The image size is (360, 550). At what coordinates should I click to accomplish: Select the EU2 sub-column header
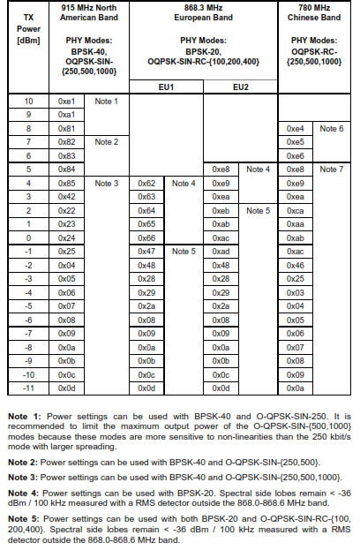[x=240, y=87]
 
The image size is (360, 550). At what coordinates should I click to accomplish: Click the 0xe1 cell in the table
[x=66, y=102]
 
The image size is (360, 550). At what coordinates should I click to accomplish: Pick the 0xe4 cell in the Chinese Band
[x=296, y=128]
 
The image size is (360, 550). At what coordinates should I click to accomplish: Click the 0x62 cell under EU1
[x=147, y=183]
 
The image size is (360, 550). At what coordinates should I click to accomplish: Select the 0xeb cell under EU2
[x=221, y=210]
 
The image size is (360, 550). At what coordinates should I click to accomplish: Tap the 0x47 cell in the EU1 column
[x=147, y=252]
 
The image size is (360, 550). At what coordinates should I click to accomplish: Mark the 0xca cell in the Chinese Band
[x=296, y=210]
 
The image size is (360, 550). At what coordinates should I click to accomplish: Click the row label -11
[x=28, y=388]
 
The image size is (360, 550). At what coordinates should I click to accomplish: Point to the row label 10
[x=28, y=102]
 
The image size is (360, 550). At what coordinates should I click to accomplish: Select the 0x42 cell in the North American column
[x=66, y=196]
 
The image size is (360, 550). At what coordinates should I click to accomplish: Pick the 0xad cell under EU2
[x=221, y=252]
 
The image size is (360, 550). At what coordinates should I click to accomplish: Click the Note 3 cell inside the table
[x=106, y=183]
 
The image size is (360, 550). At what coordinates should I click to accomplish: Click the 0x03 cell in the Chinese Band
[x=296, y=292]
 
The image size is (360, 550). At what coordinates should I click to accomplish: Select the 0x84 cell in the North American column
[x=66, y=169]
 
